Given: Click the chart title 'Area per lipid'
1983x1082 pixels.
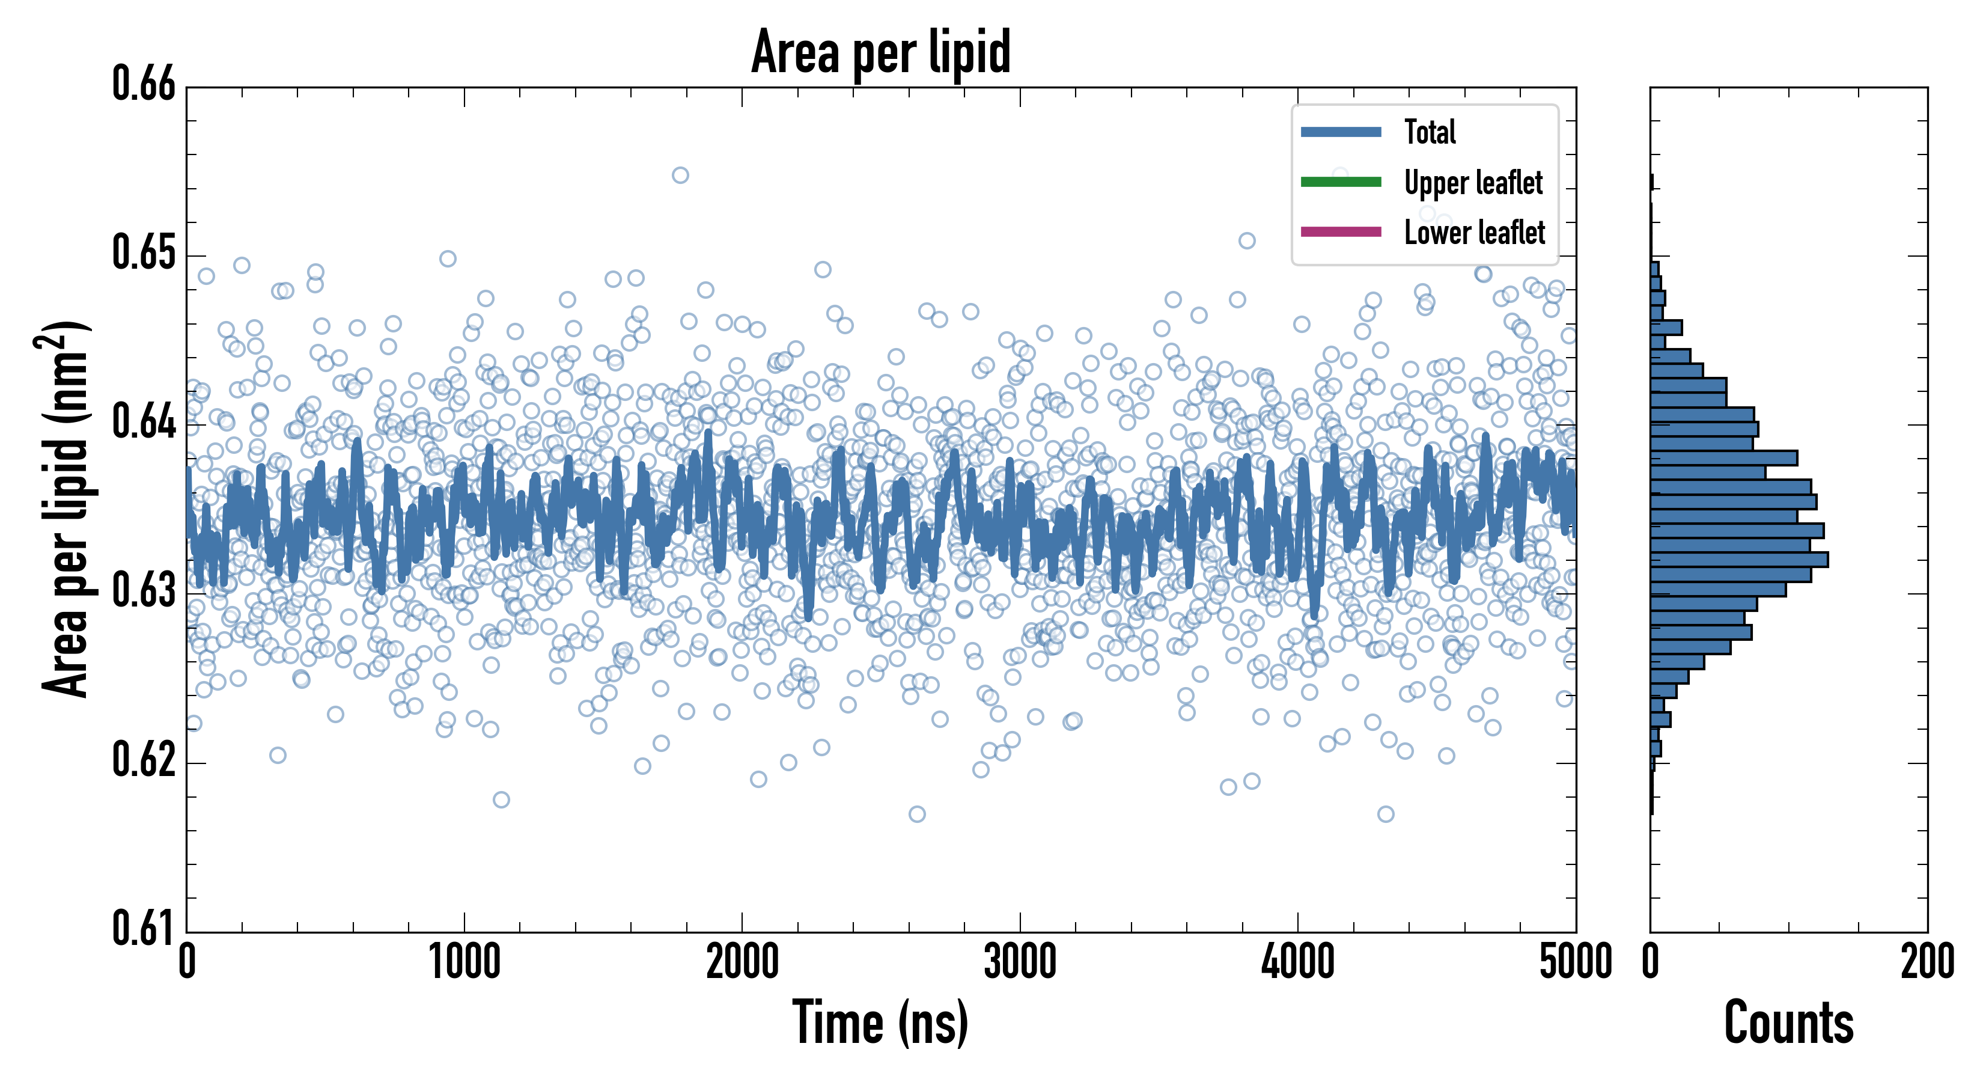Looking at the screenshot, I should (x=881, y=52).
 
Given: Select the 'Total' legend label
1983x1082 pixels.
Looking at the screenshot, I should (x=1430, y=132).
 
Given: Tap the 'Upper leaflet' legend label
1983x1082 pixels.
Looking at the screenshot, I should (x=1473, y=183).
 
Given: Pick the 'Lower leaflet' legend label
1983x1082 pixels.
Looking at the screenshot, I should (x=1474, y=233).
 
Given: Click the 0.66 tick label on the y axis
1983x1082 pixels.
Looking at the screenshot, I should (x=144, y=84).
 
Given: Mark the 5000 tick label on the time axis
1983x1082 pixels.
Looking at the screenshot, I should (x=1575, y=962).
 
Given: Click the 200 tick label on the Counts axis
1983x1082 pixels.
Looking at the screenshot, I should (x=1927, y=962).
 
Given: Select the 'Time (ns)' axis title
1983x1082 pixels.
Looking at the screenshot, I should (x=881, y=1022).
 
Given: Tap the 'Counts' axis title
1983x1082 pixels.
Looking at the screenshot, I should (x=1788, y=1022).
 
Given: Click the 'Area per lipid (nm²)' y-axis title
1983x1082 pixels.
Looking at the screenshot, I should (x=65, y=509).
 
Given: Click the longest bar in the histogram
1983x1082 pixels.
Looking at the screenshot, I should (x=1739, y=560).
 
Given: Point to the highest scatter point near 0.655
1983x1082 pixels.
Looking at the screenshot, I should (x=680, y=176).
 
